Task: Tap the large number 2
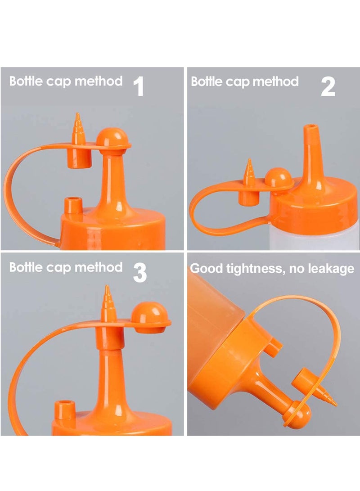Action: (x=328, y=87)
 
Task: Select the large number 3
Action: (x=140, y=272)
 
